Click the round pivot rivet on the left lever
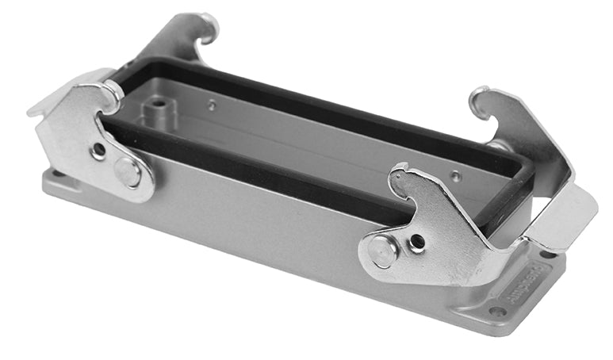click(x=127, y=171)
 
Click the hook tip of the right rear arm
click(x=477, y=99)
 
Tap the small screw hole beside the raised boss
click(x=212, y=104)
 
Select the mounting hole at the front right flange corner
click(x=497, y=311)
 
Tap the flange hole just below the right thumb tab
click(x=547, y=255)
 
